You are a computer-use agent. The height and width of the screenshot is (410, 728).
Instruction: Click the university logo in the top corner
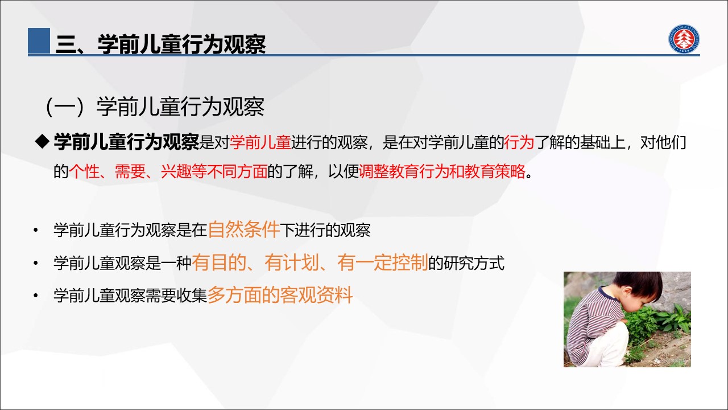pos(684,39)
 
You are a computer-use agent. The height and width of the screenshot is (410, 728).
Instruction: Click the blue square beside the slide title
pos(39,40)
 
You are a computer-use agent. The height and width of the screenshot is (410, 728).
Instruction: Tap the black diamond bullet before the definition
pos(42,142)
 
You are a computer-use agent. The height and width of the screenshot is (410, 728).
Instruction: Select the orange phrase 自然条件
pos(244,229)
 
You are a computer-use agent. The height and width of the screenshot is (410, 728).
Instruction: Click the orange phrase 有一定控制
pos(383,263)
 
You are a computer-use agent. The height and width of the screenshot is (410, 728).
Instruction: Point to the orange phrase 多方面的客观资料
pos(280,295)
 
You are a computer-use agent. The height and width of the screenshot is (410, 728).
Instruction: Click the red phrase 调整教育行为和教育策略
pos(442,171)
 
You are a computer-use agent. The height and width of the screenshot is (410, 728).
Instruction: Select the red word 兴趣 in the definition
pos(176,171)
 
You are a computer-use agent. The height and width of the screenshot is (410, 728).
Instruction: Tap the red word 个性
pos(84,171)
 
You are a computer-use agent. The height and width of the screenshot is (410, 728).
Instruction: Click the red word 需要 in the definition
pos(130,171)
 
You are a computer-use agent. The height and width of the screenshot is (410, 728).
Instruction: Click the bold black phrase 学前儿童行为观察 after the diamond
pos(126,142)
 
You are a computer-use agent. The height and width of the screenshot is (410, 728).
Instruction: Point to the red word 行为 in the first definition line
pos(519,142)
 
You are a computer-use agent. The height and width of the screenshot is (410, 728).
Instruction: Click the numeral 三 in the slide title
pos(66,44)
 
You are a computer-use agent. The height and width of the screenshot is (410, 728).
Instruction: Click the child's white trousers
pos(611,345)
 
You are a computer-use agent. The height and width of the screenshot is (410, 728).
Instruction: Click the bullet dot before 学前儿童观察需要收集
pos(36,295)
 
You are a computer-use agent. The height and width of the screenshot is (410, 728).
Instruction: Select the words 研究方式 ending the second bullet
pos(474,263)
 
